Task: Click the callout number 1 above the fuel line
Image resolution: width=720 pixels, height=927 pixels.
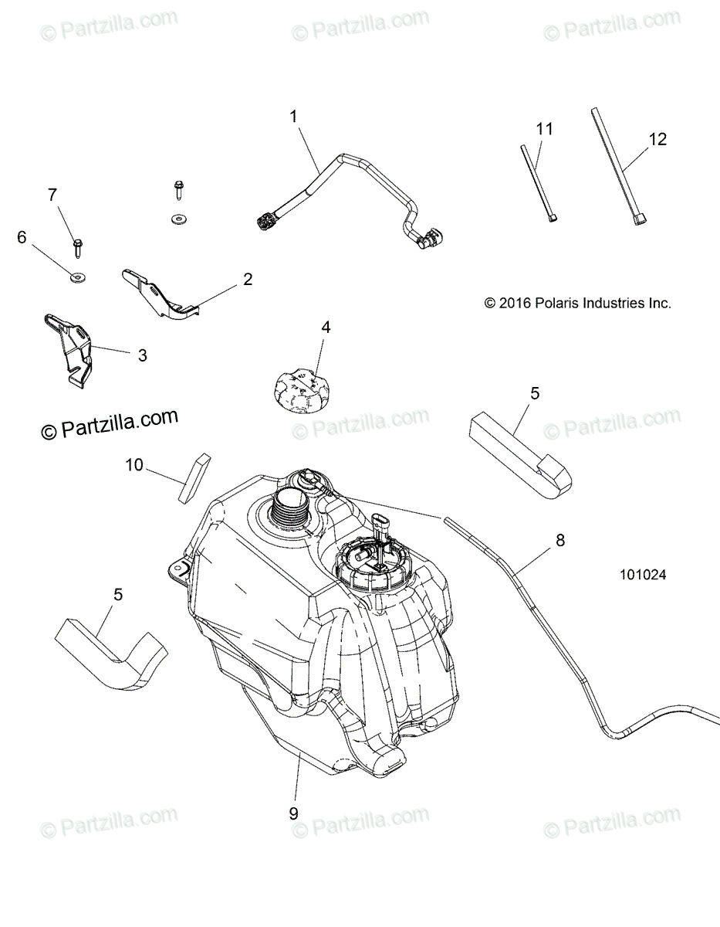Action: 293,117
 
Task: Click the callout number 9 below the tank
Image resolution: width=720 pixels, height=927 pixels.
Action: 293,813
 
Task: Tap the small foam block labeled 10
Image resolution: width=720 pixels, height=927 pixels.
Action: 193,477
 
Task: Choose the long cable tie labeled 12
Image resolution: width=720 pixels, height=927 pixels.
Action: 617,170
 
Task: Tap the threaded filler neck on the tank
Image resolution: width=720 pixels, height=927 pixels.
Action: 293,511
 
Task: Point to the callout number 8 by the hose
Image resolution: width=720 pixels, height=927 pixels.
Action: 559,541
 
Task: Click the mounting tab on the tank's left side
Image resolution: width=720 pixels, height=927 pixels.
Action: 180,570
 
